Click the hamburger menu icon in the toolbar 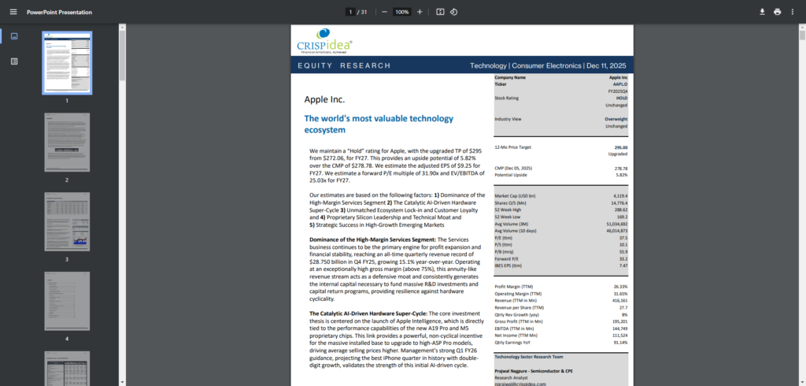11,12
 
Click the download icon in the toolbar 761,12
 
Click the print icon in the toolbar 777,12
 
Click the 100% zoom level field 401,12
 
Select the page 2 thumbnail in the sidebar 67,143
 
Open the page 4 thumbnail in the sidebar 67,302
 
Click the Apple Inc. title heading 324,100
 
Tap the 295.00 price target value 619,147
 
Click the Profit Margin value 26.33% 619,286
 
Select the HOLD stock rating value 620,98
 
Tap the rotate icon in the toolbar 454,12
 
